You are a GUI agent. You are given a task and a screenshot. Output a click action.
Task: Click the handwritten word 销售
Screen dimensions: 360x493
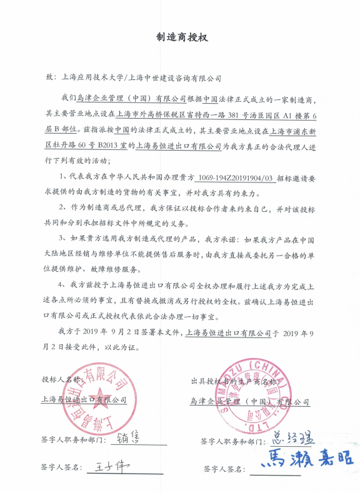coord(131,436)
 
